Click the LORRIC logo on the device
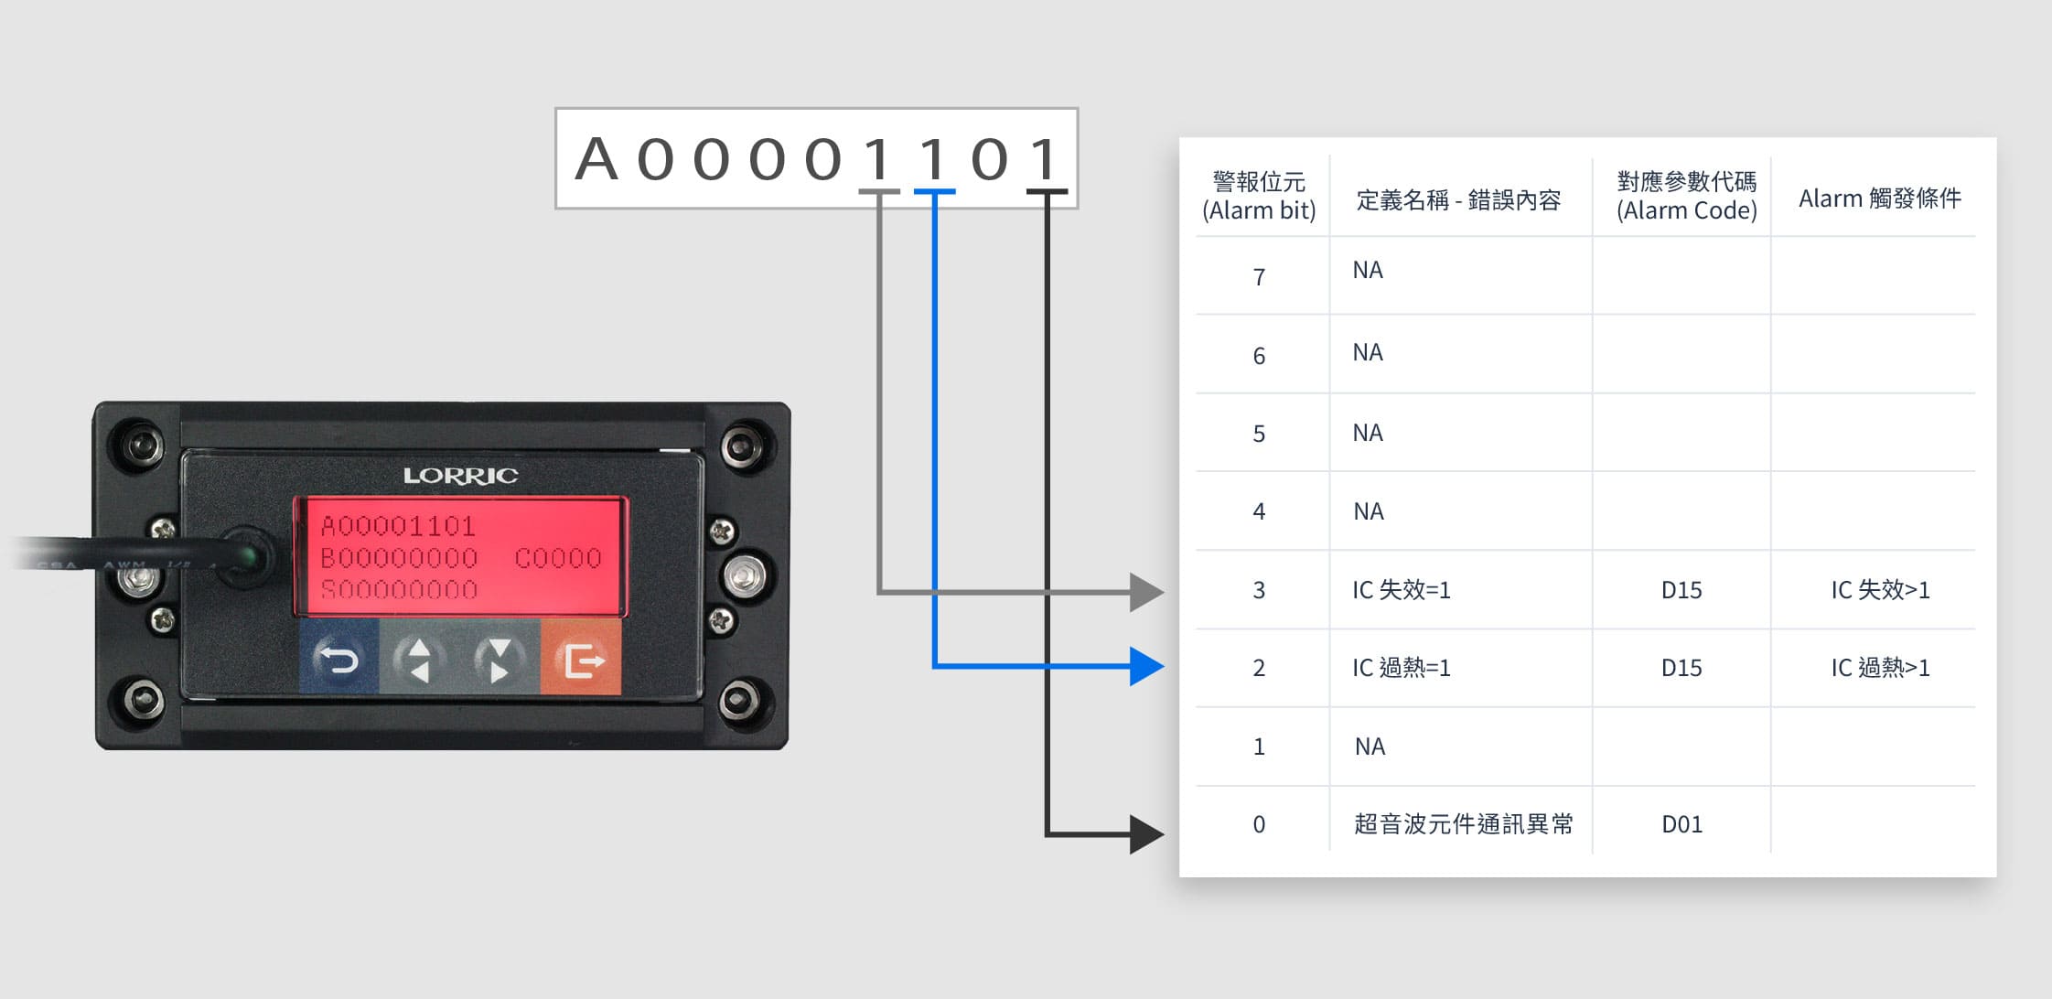460,476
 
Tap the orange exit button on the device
582,659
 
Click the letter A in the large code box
596,159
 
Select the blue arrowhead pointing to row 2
1145,666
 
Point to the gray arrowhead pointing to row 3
1145,592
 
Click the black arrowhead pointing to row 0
1145,834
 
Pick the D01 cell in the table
1681,824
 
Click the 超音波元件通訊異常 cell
1463,824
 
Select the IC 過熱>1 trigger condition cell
1880,668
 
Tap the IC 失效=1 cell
1402,590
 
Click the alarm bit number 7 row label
1259,277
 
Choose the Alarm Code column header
1686,197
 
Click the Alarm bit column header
1259,197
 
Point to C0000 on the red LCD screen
558,558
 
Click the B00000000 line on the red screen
399,558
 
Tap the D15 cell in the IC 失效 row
1681,590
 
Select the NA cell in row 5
1368,433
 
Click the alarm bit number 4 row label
1259,511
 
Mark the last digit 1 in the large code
1045,159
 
